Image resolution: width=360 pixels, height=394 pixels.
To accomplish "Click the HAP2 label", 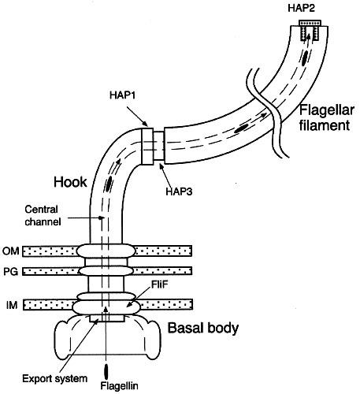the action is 301,8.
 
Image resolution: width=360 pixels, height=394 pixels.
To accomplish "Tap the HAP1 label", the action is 122,95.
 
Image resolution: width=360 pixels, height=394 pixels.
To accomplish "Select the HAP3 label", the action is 179,191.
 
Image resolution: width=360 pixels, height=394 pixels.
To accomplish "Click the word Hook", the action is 70,182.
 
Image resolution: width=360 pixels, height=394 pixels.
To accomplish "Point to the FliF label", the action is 159,284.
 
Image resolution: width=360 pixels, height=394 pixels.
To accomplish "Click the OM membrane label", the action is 11,251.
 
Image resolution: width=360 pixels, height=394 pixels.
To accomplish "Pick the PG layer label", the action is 11,271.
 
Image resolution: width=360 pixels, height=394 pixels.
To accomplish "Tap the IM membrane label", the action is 12,305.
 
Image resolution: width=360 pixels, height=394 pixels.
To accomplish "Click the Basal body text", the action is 203,328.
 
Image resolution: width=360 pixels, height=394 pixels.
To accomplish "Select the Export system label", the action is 54,378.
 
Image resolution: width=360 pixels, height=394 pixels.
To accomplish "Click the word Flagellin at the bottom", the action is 119,386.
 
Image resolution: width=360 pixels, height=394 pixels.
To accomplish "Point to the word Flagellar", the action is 327,110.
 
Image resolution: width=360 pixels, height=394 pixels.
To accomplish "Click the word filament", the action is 325,125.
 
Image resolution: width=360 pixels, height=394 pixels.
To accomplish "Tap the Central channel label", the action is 43,216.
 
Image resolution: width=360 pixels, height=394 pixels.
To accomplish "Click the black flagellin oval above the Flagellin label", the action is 106,372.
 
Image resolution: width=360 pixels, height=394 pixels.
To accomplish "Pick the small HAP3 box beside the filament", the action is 158,146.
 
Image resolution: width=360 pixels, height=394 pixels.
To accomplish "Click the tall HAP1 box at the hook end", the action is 147,146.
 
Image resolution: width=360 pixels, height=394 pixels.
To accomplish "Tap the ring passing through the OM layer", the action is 106,251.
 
